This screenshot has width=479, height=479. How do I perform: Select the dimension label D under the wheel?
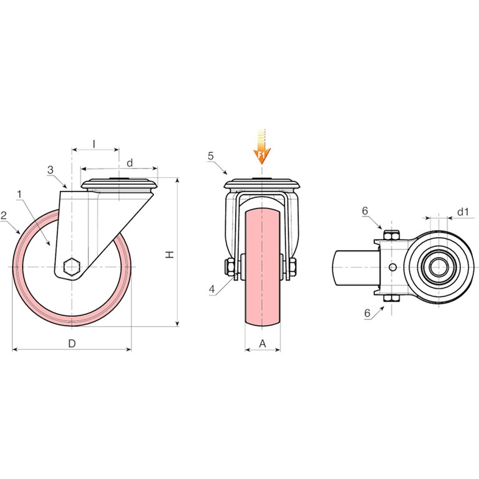(72, 344)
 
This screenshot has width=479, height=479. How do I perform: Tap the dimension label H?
(170, 254)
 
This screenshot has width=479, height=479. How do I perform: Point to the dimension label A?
(263, 344)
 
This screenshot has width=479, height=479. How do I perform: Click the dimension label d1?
(463, 211)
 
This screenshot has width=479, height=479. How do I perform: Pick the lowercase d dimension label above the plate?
(130, 163)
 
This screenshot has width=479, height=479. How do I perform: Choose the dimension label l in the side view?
(94, 144)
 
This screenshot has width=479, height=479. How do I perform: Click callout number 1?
(19, 194)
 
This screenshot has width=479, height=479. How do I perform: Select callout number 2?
(4, 216)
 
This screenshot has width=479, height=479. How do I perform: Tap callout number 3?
(51, 170)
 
